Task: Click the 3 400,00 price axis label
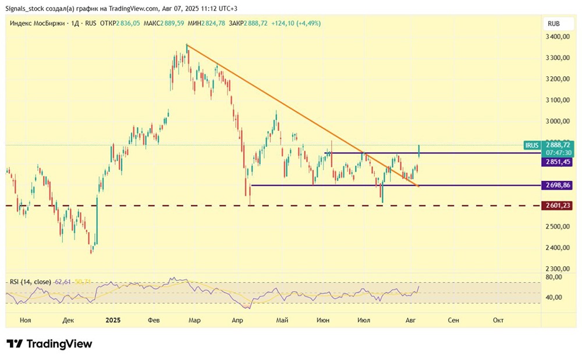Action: coord(558,37)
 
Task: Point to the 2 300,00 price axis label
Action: coord(558,269)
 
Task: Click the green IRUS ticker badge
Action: coord(532,145)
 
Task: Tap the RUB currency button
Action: coord(553,23)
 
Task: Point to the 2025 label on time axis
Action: coord(113,320)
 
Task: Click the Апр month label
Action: coord(237,320)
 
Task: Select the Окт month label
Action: coord(498,320)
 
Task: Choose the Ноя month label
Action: coord(25,320)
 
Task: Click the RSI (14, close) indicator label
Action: coord(30,282)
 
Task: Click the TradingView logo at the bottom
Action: coord(49,344)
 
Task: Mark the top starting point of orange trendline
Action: coord(186,44)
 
